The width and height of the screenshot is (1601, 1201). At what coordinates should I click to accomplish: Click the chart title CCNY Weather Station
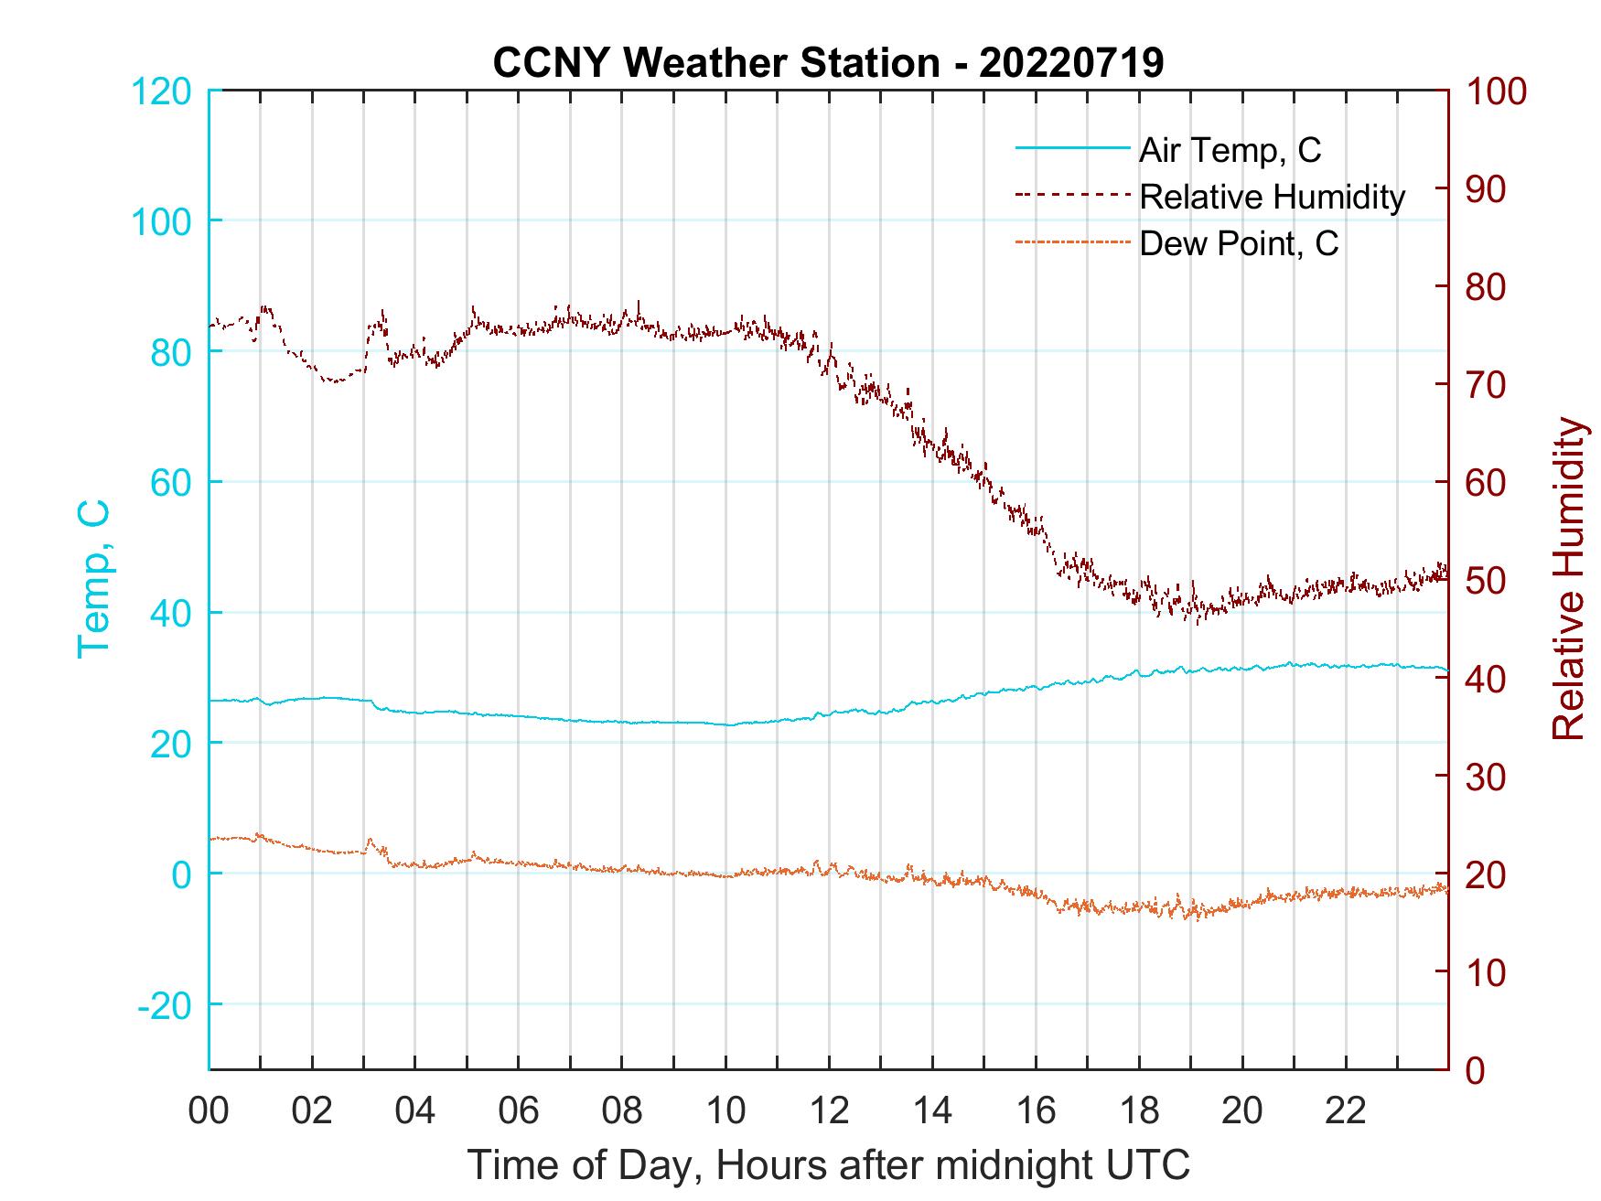tap(828, 63)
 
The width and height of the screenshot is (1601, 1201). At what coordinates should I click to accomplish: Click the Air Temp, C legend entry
tap(1230, 150)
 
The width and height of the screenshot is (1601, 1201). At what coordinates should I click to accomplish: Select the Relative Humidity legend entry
tap(1272, 197)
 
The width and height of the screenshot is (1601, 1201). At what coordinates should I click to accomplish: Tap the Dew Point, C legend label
tap(1239, 244)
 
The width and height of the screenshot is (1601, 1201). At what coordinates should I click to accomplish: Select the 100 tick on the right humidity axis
tap(1496, 91)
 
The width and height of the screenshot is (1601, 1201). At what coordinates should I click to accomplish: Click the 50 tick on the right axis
tap(1488, 581)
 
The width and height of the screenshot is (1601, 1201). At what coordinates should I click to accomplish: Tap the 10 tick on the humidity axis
tap(1488, 972)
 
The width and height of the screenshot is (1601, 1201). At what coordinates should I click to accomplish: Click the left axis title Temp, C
tap(93, 579)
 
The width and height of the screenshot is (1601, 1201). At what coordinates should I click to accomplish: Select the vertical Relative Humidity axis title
tap(1568, 579)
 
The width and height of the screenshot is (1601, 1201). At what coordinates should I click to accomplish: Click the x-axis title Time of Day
tap(828, 1165)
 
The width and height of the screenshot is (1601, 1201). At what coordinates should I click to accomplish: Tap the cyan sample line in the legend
tap(1072, 149)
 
